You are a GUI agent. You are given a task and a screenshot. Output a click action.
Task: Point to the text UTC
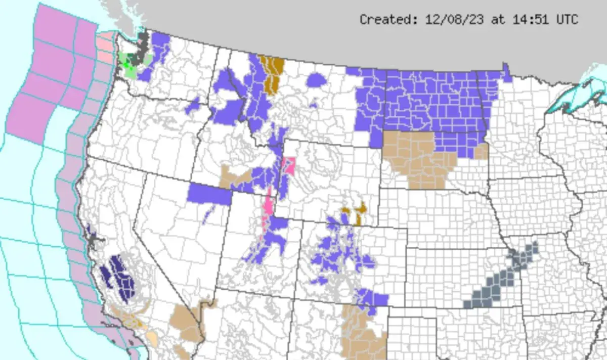[x=567, y=20]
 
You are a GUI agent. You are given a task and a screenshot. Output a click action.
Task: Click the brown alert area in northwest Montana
[x=272, y=73]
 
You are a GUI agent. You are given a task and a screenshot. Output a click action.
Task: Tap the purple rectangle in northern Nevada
[x=209, y=194]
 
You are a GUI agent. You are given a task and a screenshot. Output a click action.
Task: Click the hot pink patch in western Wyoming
[x=289, y=165]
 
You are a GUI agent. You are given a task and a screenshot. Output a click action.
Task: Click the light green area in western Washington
[x=131, y=72]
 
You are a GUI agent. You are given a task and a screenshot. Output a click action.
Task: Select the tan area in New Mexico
[x=360, y=334]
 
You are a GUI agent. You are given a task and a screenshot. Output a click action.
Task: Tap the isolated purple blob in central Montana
[x=317, y=80]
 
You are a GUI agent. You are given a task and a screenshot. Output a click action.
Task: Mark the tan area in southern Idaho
[x=234, y=177]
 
